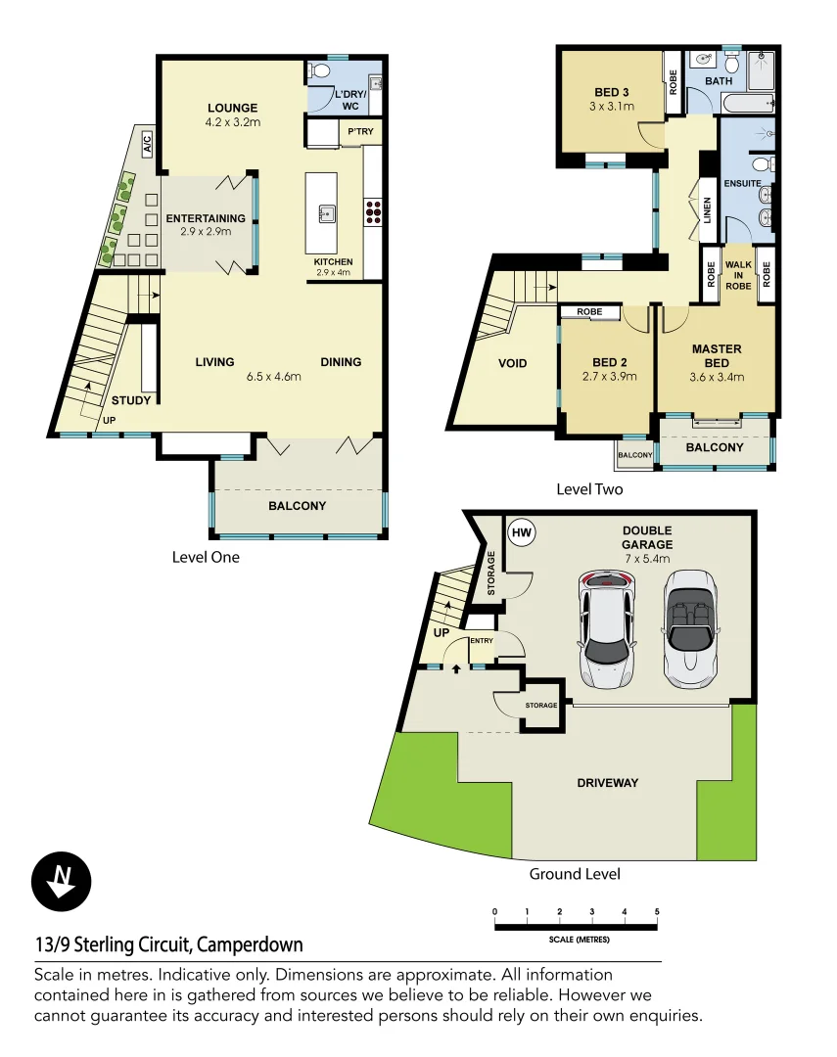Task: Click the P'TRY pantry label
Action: click(355, 130)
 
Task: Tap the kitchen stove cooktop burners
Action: click(373, 212)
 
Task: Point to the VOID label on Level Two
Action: click(512, 363)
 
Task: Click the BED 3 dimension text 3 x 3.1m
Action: click(613, 106)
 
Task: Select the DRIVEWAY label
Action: click(607, 782)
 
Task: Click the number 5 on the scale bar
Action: click(657, 912)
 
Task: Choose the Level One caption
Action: click(206, 557)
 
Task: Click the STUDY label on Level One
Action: click(131, 400)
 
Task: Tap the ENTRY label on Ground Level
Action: click(482, 641)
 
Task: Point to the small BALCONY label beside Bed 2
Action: click(635, 455)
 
